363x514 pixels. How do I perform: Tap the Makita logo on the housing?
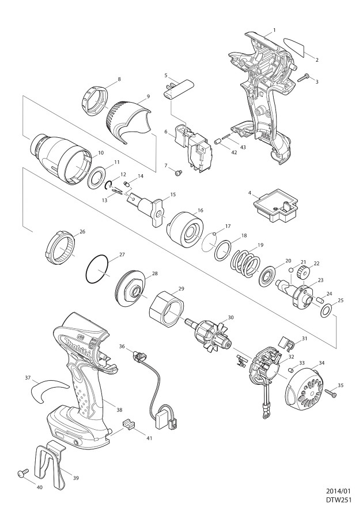click(x=75, y=347)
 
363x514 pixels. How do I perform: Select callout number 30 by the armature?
click(x=230, y=317)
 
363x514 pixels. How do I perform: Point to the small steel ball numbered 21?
click(x=290, y=270)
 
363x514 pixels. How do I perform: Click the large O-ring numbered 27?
click(x=97, y=269)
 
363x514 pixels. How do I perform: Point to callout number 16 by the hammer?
click(x=201, y=210)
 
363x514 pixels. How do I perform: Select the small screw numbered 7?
click(x=179, y=171)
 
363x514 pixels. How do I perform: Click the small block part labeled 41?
click(x=129, y=424)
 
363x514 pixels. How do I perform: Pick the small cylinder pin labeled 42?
click(x=217, y=141)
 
